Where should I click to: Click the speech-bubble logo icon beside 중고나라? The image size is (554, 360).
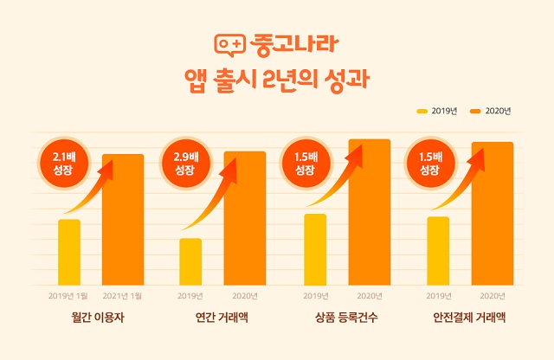[x=229, y=45]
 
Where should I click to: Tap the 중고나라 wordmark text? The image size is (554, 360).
[x=294, y=44]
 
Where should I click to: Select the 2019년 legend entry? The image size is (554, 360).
[x=437, y=111]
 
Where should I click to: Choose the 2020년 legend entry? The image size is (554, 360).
[x=491, y=111]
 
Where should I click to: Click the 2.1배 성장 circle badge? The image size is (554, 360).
[x=64, y=164]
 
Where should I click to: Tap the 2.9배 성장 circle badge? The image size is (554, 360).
[x=186, y=164]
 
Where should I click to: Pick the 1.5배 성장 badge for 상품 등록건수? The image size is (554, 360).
[x=306, y=164]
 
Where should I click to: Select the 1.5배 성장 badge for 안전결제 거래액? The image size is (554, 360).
[x=431, y=164]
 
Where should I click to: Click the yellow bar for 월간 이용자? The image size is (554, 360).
[x=69, y=252]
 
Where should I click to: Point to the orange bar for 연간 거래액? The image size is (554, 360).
[x=244, y=218]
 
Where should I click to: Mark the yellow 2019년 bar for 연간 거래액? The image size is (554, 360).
[x=190, y=262]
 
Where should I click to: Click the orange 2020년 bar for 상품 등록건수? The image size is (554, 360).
[x=370, y=212]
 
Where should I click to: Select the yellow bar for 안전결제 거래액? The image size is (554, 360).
[x=438, y=251]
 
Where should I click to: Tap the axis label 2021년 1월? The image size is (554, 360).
[x=122, y=296]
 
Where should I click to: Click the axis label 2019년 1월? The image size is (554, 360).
[x=68, y=296]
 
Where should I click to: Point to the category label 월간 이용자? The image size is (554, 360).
[x=98, y=318]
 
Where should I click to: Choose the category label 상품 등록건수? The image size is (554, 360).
[x=346, y=318]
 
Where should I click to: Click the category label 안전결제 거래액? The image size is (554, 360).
[x=469, y=318]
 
